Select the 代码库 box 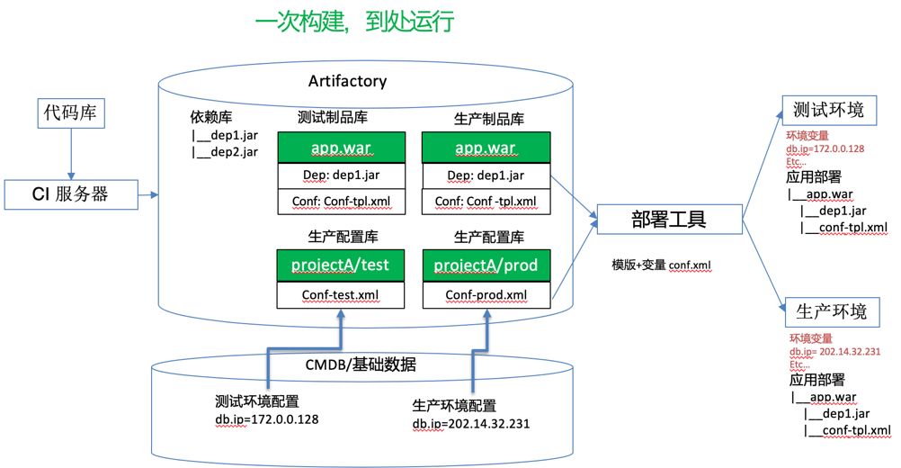pos(70,113)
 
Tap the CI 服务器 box pos(70,192)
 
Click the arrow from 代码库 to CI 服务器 pos(70,153)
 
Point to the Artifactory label pos(347,81)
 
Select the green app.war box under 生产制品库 pos(486,148)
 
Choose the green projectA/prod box pos(486,265)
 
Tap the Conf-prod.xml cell pos(486,295)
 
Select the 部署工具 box pos(666,220)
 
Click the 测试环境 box pos(828,110)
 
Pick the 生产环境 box pos(832,312)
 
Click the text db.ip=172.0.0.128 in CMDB pos(265,418)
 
